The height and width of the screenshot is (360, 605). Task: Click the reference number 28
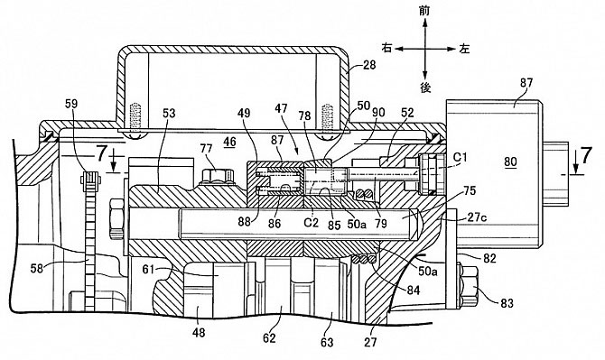tap(368, 64)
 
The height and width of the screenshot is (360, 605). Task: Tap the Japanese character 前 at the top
tap(424, 11)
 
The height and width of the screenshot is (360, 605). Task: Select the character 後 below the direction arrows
tap(424, 88)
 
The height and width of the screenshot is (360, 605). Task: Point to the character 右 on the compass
tap(386, 48)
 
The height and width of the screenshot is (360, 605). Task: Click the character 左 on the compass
tap(464, 49)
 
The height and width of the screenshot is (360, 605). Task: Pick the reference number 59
tap(71, 104)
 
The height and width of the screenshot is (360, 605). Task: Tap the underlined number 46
tap(230, 142)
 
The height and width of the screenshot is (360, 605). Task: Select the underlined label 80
tap(510, 162)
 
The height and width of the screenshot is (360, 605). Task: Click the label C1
tap(460, 157)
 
